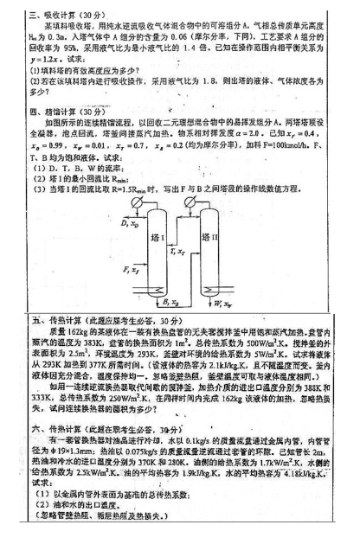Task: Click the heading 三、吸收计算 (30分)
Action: [66, 13]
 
